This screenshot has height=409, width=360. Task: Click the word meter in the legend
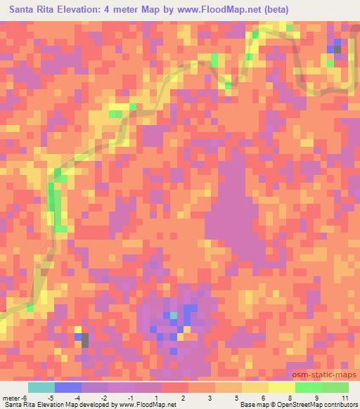click(x=11, y=398)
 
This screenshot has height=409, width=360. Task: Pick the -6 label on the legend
click(x=25, y=398)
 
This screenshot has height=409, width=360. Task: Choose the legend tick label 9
click(x=317, y=398)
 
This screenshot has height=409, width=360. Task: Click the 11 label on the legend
click(x=344, y=398)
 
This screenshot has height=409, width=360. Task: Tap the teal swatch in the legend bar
click(x=41, y=387)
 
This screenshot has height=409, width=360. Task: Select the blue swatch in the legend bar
click(x=68, y=387)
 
